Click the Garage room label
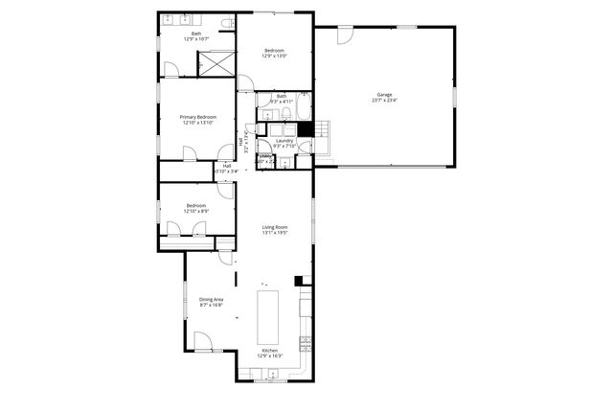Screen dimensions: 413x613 pos(384,95)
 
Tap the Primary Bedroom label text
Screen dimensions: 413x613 pos(196,118)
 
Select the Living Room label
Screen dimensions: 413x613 pos(275,227)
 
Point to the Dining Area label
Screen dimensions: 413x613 pos(211,300)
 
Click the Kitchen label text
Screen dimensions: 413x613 pos(270,351)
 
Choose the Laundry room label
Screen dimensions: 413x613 pos(284,141)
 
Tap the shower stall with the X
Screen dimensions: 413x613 pos(213,62)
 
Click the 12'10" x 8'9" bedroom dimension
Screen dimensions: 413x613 pos(196,211)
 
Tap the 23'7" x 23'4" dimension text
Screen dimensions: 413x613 pos(384,100)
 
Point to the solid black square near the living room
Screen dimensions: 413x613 pos(299,281)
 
